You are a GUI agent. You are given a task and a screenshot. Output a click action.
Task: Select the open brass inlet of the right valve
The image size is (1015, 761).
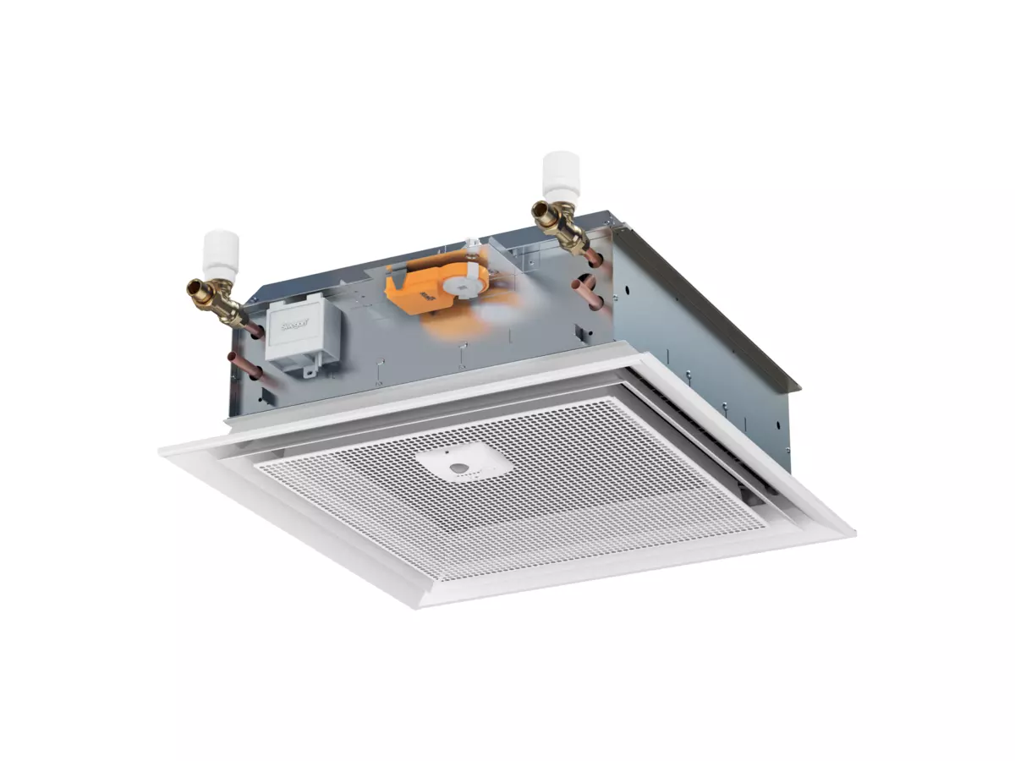538,209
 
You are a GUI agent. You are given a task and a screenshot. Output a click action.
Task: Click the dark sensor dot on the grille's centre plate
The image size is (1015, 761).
458,467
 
